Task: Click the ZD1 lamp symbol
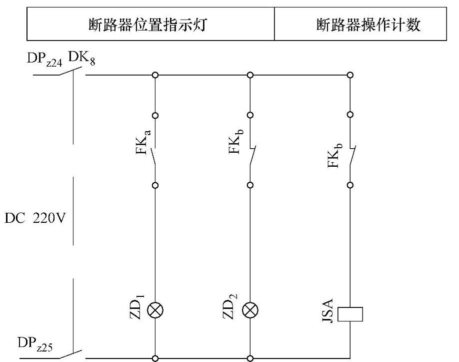coord(155,311)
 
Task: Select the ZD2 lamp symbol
coord(250,311)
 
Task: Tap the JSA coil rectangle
coord(350,314)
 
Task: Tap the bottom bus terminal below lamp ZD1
coord(155,358)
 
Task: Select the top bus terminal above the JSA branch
coord(350,75)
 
